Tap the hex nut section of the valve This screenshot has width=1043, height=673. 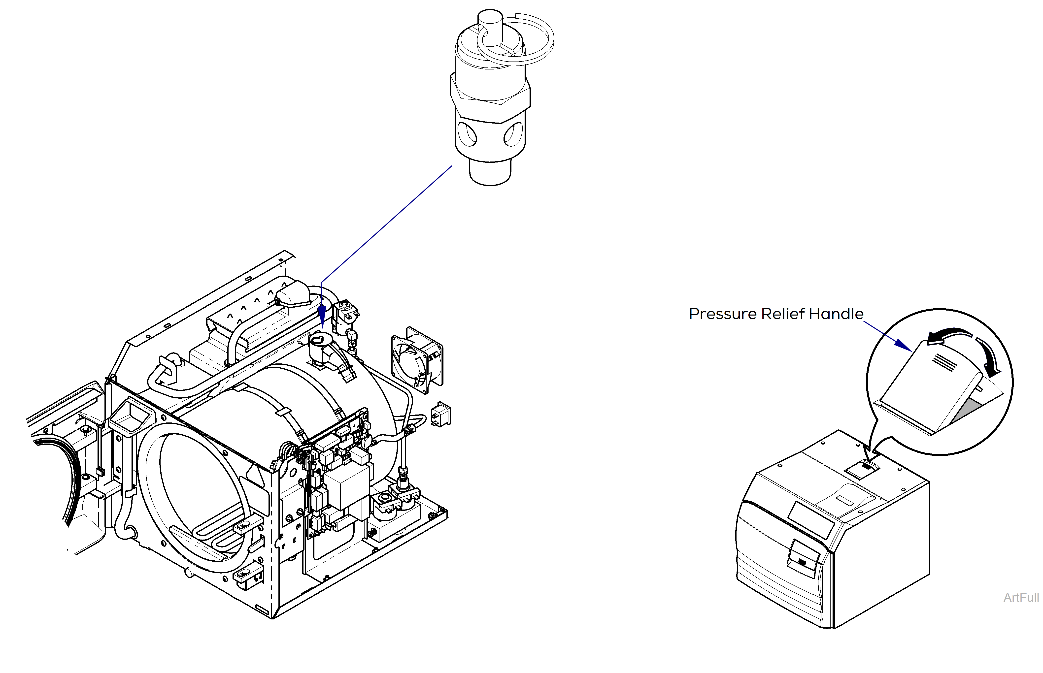coord(490,98)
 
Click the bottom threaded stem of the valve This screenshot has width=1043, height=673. coord(490,173)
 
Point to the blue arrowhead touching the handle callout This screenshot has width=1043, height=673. coord(903,344)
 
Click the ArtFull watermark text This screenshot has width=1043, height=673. coord(1021,597)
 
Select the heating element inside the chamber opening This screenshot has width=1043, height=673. coord(219,531)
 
